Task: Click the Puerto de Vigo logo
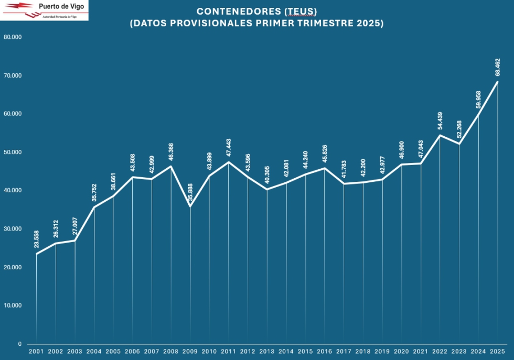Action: (44, 10)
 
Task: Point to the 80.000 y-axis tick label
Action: (12, 37)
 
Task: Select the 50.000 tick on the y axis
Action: (12, 152)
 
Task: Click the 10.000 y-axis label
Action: (12, 306)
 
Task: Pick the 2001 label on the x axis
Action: (36, 351)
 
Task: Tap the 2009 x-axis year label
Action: (190, 351)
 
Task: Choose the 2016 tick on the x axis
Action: (325, 351)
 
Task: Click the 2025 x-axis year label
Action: (497, 351)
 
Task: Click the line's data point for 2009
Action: (190, 206)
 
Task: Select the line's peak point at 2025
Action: (497, 82)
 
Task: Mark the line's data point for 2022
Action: (440, 135)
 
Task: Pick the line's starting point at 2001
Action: (36, 254)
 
